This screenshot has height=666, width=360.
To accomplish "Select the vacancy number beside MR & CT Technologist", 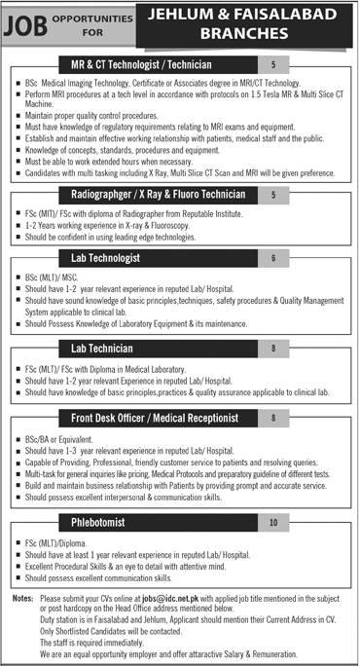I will (x=272, y=64).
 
